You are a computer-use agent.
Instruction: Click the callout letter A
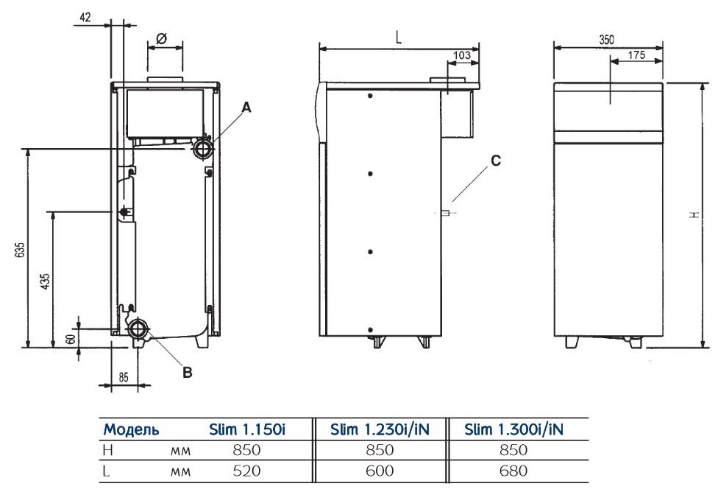(246, 108)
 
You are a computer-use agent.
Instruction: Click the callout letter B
(188, 373)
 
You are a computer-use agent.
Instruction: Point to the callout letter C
(495, 161)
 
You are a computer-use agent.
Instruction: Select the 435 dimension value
(45, 281)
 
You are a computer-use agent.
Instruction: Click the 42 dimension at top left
(85, 18)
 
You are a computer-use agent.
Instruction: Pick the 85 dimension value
(124, 377)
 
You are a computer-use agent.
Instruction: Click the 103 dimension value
(461, 55)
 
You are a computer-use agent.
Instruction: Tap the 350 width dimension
(607, 40)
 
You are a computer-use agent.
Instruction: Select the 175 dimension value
(636, 55)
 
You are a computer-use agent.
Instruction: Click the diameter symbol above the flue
(161, 39)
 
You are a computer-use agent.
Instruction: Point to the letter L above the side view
(399, 38)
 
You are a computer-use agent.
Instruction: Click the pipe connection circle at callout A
(202, 148)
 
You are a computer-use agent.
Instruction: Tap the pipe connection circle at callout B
(138, 328)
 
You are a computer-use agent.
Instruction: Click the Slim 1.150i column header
(247, 429)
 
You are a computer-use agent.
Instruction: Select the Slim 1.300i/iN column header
(513, 429)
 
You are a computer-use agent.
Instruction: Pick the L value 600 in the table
(380, 471)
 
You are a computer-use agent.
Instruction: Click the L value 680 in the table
(513, 471)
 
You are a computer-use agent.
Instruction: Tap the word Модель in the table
(132, 430)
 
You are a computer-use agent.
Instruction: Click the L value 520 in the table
(246, 471)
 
